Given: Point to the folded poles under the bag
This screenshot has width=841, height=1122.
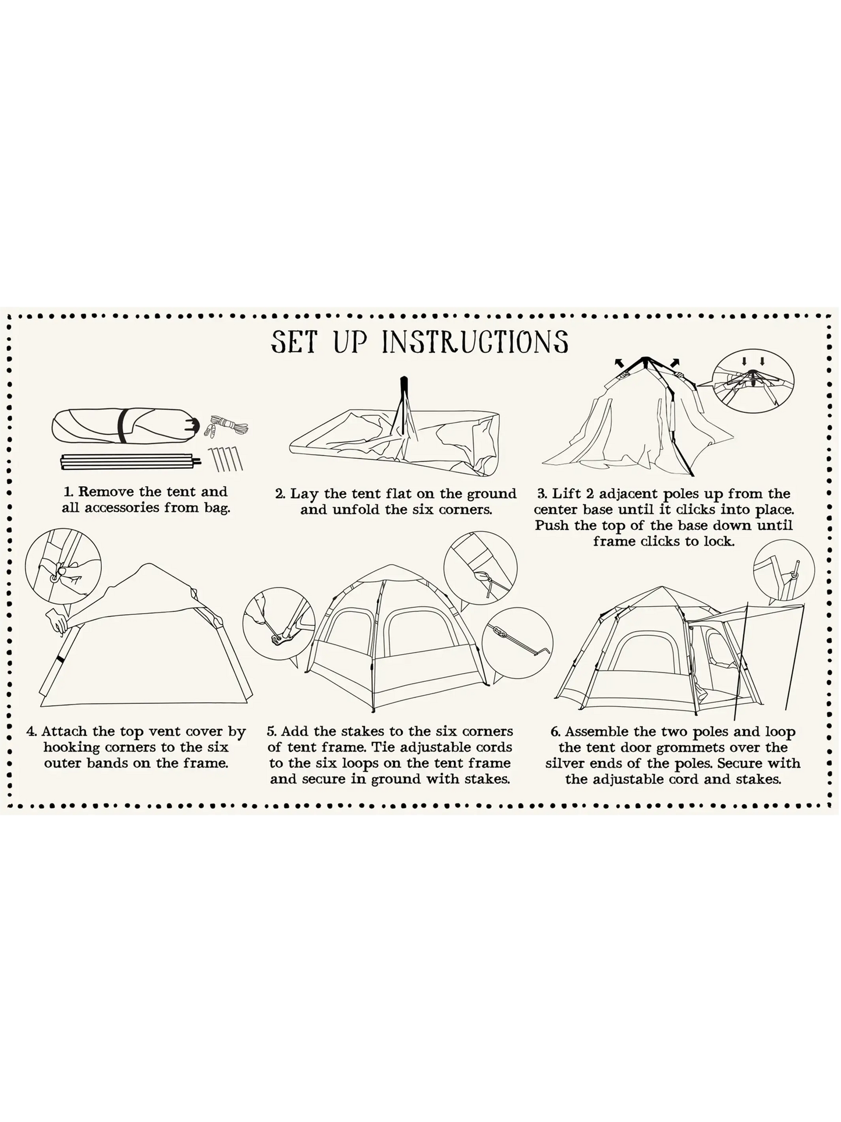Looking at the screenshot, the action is [131, 462].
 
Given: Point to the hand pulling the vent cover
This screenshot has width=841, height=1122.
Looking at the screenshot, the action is [59, 621].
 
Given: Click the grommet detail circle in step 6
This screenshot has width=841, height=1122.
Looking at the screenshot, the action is [783, 571].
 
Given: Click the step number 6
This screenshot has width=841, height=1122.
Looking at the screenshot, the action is [555, 732].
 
